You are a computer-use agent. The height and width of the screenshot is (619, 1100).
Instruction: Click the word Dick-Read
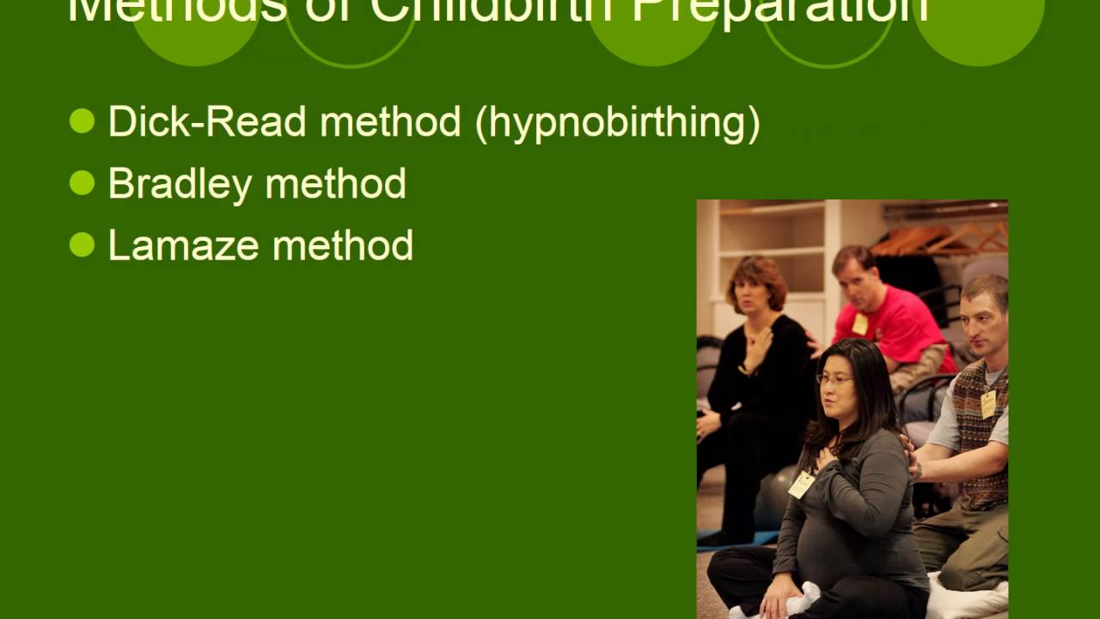coord(207,122)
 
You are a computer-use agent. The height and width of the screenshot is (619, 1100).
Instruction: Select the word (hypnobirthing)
coord(617,123)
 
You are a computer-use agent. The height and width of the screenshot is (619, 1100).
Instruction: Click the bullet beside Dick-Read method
coord(82,121)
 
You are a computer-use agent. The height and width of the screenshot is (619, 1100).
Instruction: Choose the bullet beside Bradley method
coord(82,183)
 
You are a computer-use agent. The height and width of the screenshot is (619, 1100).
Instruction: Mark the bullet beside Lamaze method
coord(82,245)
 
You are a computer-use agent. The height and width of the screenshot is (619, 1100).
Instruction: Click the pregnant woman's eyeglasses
coord(834,379)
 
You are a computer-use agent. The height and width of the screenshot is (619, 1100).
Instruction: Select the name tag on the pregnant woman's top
coord(801,484)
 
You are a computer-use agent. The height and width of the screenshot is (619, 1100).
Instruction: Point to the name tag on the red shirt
coord(859,323)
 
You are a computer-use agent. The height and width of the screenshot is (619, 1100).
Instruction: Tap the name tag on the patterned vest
coord(988,403)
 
